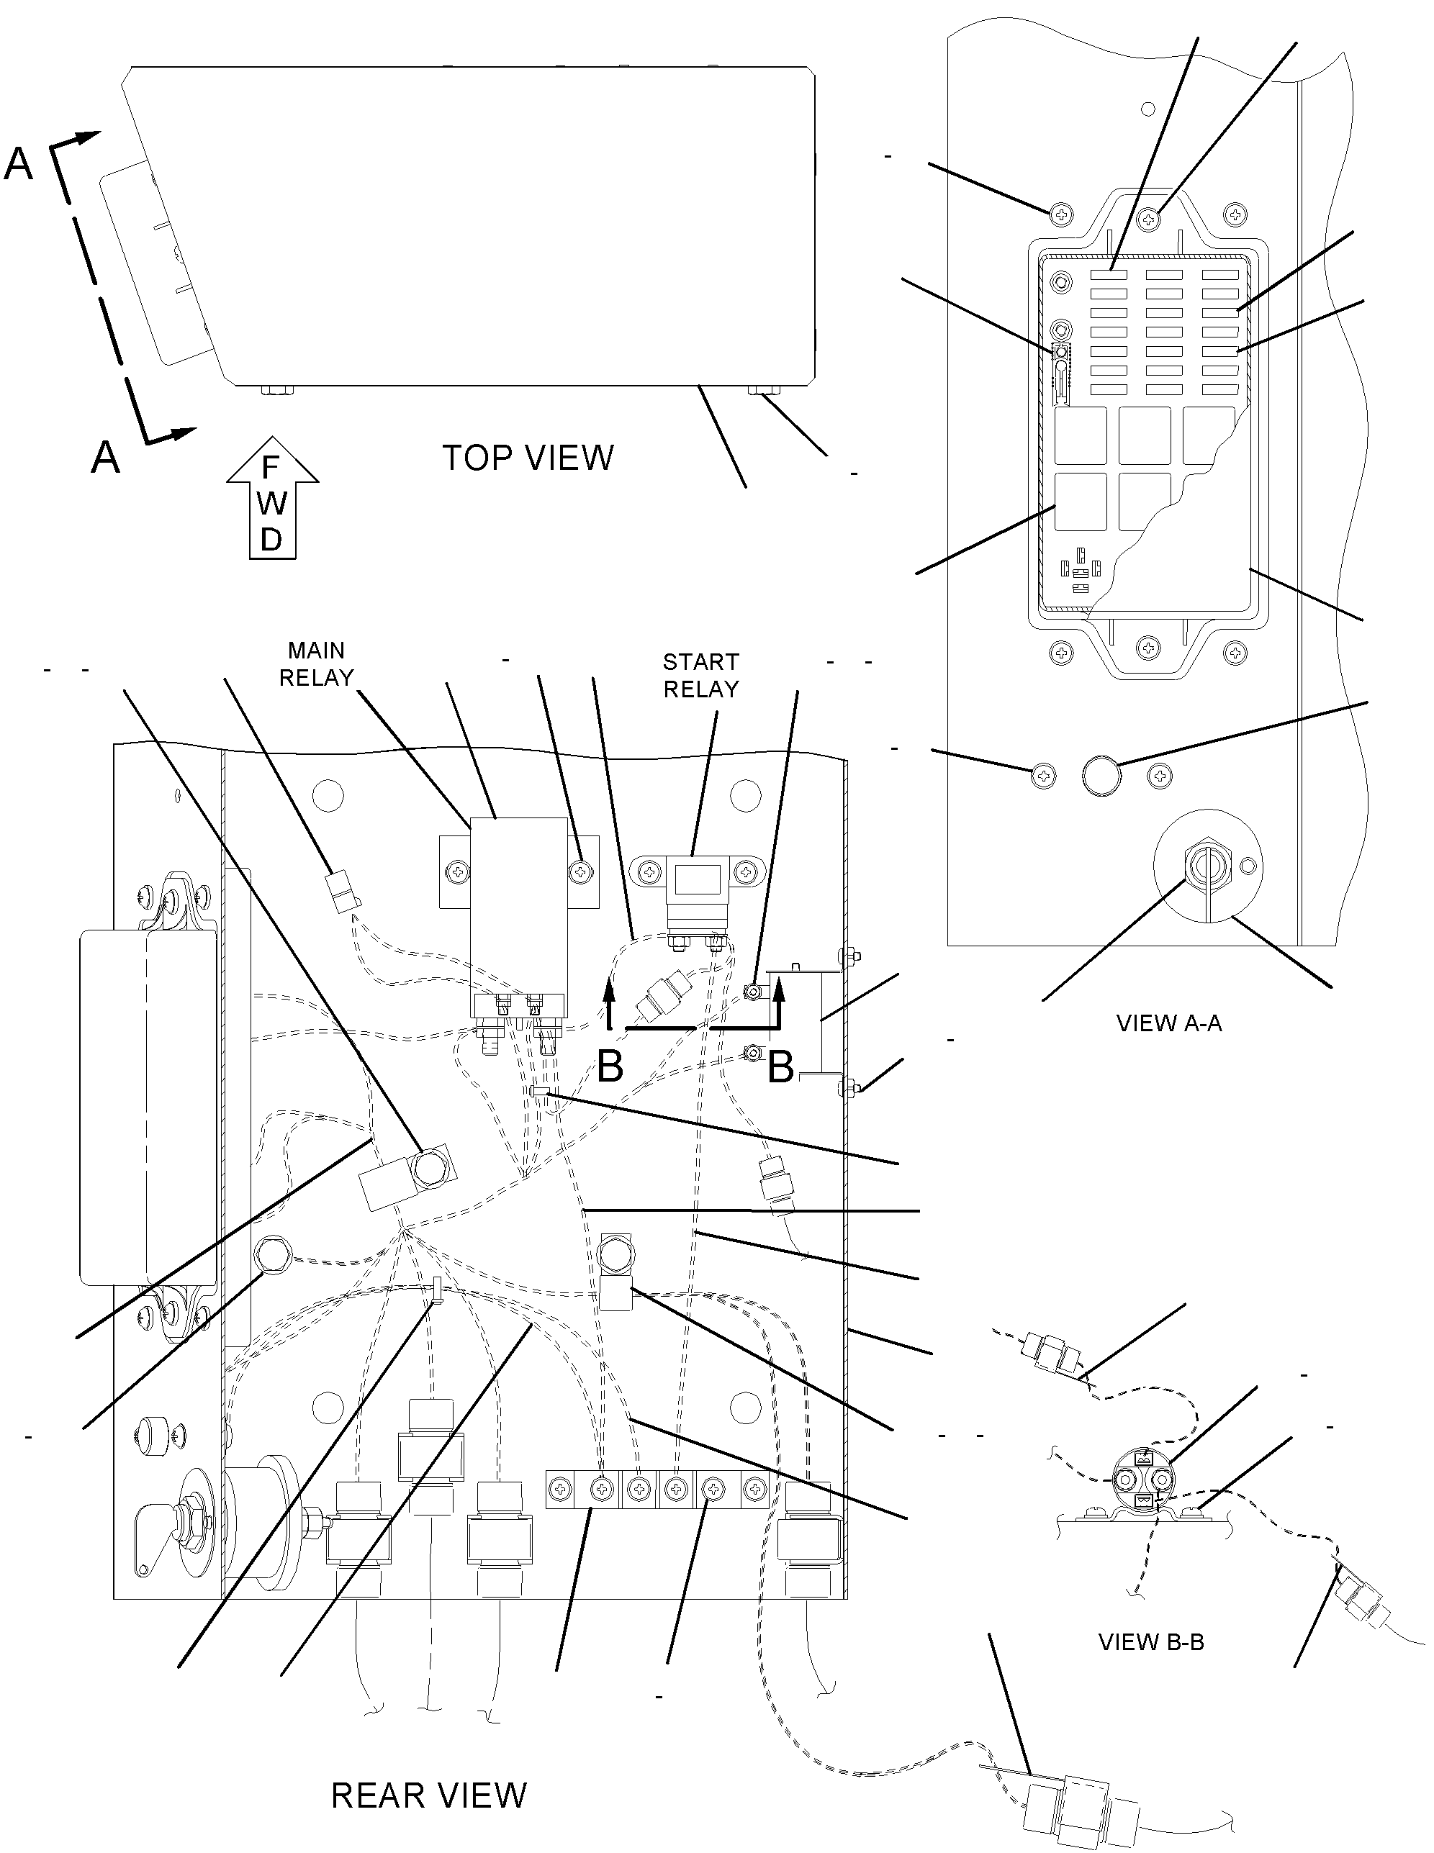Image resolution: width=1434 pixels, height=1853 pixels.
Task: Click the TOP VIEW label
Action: (x=528, y=458)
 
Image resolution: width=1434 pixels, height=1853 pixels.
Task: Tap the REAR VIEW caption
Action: (x=428, y=1795)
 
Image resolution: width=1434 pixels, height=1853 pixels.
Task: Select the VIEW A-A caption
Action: (x=1168, y=1023)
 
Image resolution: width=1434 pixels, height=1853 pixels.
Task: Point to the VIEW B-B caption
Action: (x=1150, y=1641)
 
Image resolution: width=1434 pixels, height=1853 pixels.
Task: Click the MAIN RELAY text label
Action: (x=317, y=664)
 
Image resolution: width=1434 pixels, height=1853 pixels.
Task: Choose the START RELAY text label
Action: (x=701, y=676)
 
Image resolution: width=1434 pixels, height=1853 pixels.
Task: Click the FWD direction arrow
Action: (x=272, y=498)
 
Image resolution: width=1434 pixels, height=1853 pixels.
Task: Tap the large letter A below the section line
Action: (x=105, y=458)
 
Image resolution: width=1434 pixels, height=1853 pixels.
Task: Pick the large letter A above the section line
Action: (x=19, y=164)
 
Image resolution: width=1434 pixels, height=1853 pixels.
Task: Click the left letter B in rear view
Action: (x=610, y=1066)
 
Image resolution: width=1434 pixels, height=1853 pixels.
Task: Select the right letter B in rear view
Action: (x=780, y=1066)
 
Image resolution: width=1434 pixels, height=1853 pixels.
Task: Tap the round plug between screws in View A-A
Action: (x=1101, y=776)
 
